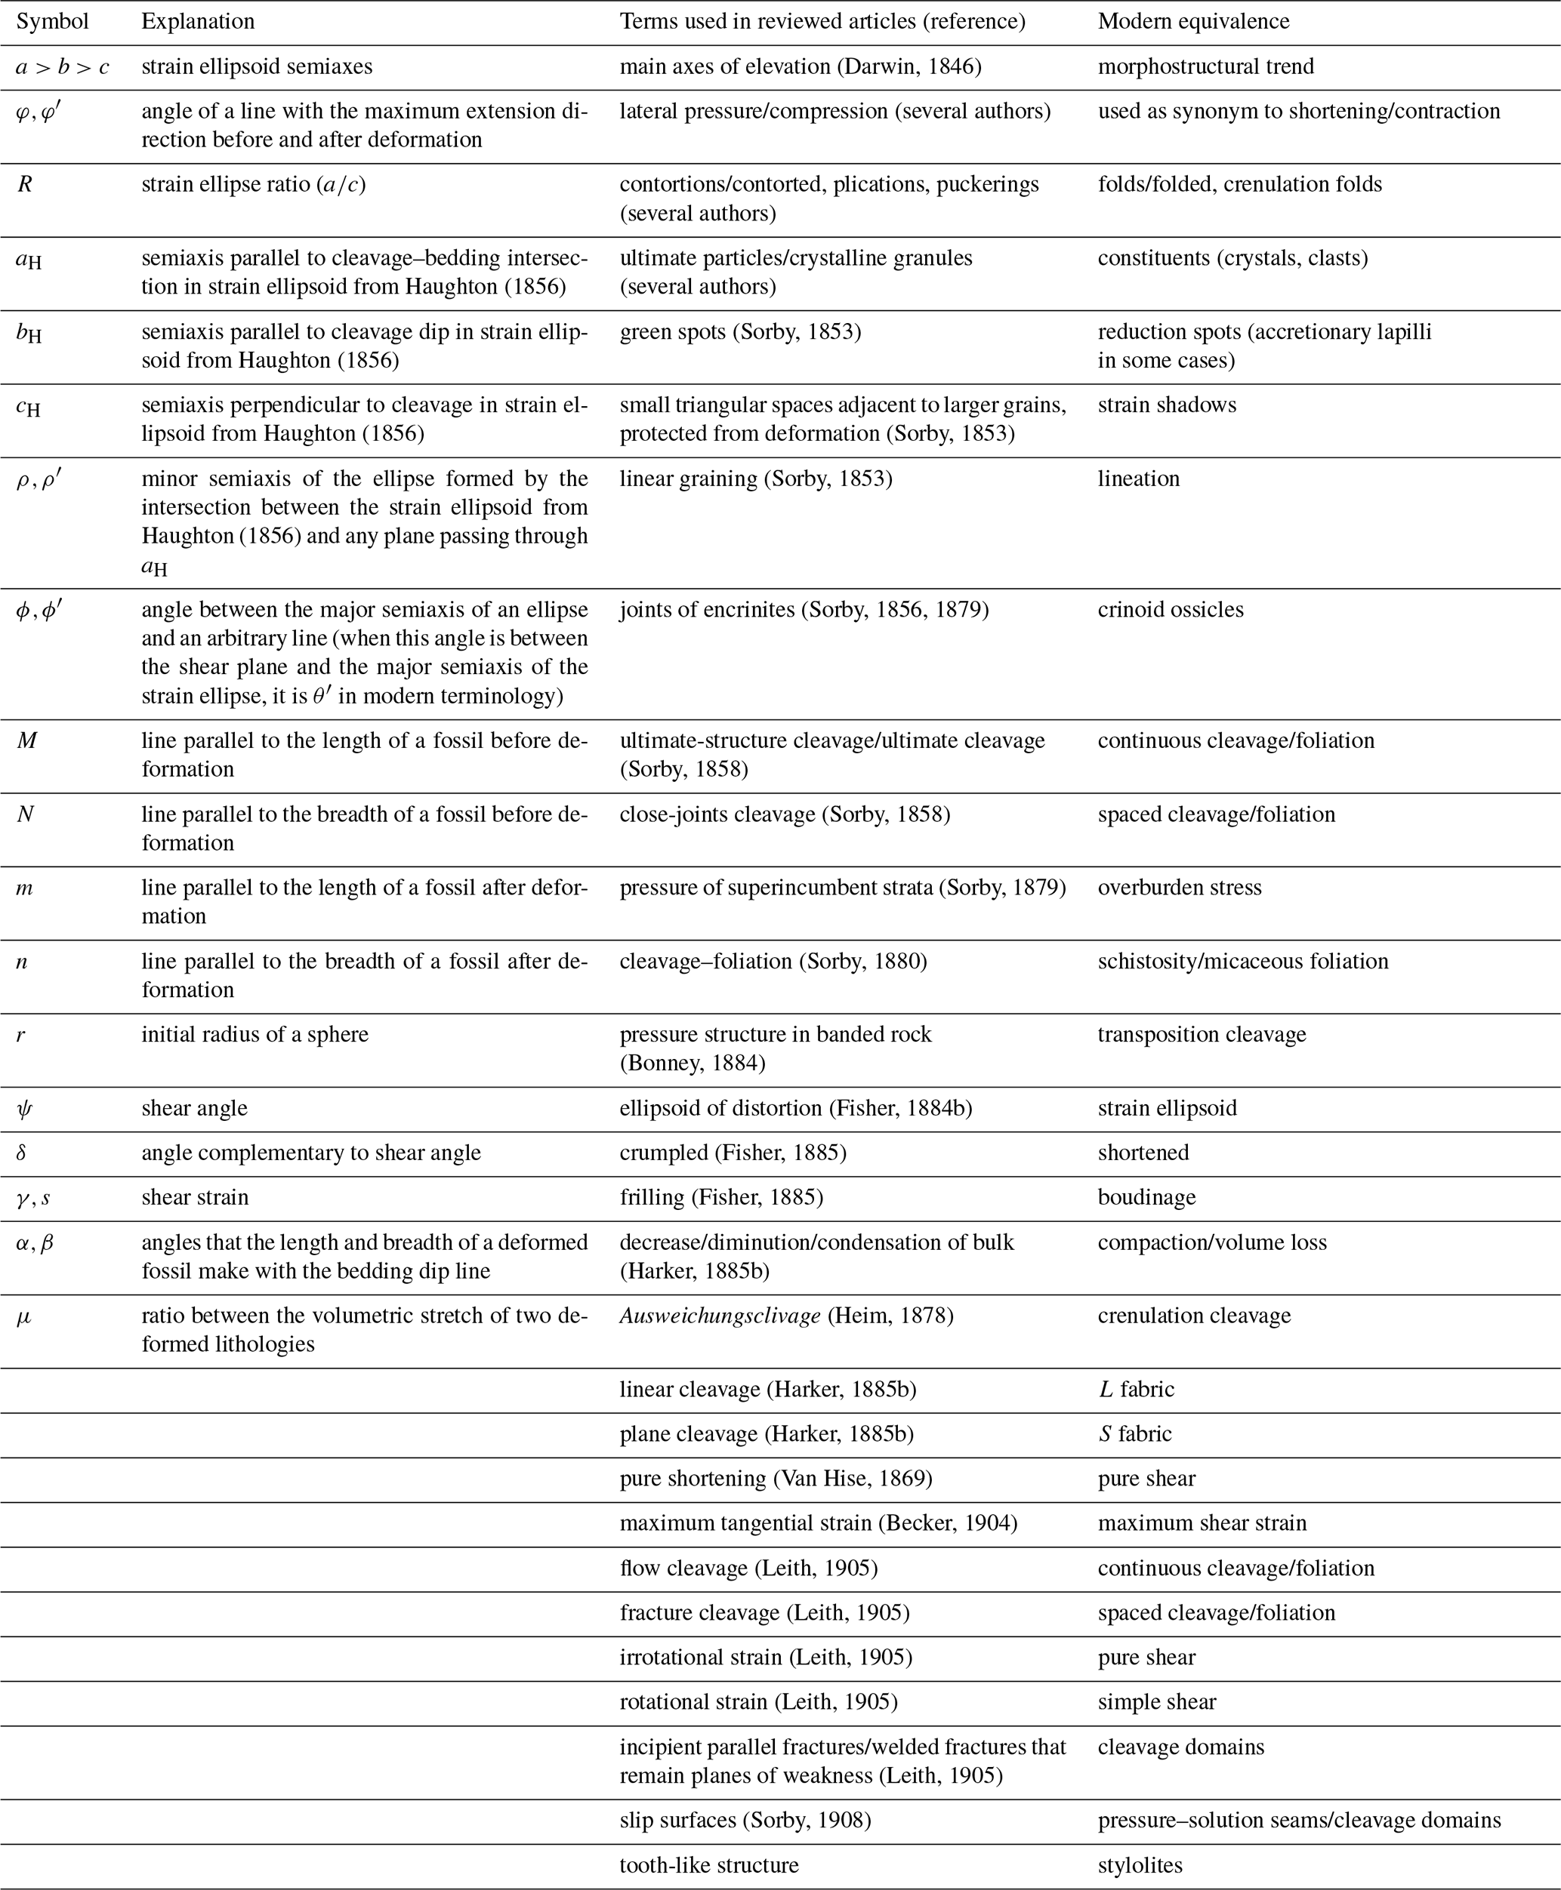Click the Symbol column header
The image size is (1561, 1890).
pos(52,22)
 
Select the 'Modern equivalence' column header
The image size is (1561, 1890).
pos(1193,22)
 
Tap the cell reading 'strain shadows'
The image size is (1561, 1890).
pos(1166,405)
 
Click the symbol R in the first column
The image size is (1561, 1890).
pos(25,185)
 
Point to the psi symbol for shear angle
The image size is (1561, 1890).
pos(24,1109)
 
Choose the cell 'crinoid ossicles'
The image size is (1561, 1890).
pos(1170,610)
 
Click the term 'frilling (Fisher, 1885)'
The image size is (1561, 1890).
pos(721,1198)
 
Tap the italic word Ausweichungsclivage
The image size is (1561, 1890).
pos(720,1316)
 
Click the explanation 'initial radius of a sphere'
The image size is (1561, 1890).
pos(255,1036)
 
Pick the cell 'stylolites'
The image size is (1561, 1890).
pos(1140,1866)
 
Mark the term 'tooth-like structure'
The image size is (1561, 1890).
pos(708,1866)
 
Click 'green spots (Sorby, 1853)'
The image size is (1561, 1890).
pos(740,333)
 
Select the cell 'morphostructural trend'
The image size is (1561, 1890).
pos(1205,67)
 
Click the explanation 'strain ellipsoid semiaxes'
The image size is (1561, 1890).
pos(256,67)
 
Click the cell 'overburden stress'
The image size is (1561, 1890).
pos(1179,888)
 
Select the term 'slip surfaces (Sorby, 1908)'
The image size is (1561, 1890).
pos(745,1821)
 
